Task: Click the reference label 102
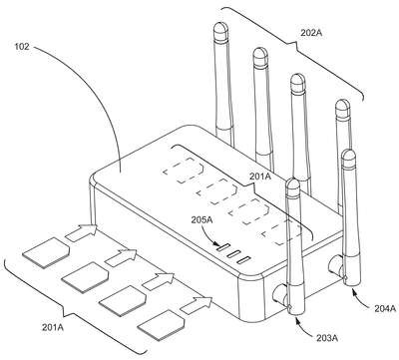(x=22, y=46)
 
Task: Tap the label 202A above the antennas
(x=312, y=33)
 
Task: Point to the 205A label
(x=202, y=219)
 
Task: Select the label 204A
(x=385, y=309)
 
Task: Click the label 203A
(x=327, y=339)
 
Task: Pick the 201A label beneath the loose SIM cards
(x=53, y=327)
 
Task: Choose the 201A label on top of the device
(x=260, y=177)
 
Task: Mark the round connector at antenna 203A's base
(x=278, y=293)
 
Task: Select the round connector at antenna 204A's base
(x=335, y=265)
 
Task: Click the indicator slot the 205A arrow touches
(x=223, y=247)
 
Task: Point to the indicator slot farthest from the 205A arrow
(x=243, y=260)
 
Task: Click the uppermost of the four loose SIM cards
(x=46, y=252)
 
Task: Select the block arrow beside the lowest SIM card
(x=197, y=305)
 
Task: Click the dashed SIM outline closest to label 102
(x=184, y=171)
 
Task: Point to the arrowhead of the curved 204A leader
(x=353, y=291)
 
